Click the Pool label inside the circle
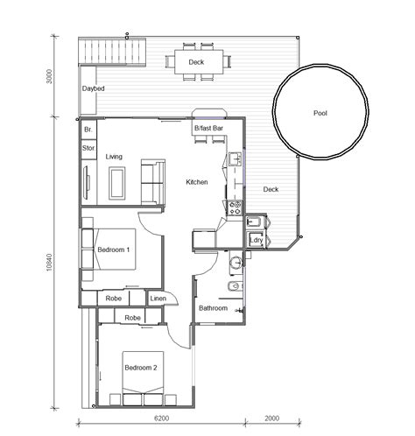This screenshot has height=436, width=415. click(320, 113)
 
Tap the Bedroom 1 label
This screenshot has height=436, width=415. click(113, 250)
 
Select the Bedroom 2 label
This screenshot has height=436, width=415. click(140, 367)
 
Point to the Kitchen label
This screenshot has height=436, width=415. click(196, 182)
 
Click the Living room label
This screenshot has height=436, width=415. click(114, 157)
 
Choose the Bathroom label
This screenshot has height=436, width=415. click(213, 308)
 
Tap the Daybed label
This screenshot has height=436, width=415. click(94, 88)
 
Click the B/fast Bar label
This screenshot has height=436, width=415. click(208, 129)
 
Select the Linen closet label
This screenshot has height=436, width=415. click(158, 299)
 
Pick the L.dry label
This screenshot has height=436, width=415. click(257, 239)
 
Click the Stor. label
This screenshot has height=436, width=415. click(88, 149)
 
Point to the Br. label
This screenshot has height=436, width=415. click(88, 130)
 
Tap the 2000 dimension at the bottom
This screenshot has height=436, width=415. click(272, 418)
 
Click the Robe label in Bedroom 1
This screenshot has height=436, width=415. click(114, 299)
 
